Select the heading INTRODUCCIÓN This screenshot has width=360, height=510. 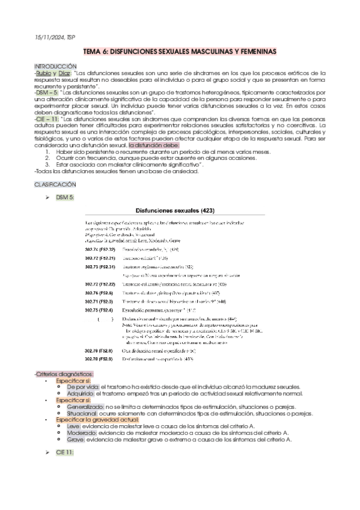[x=56, y=65]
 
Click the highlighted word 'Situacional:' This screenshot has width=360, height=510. [x=85, y=413]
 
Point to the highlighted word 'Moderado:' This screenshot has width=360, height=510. [x=83, y=433]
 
